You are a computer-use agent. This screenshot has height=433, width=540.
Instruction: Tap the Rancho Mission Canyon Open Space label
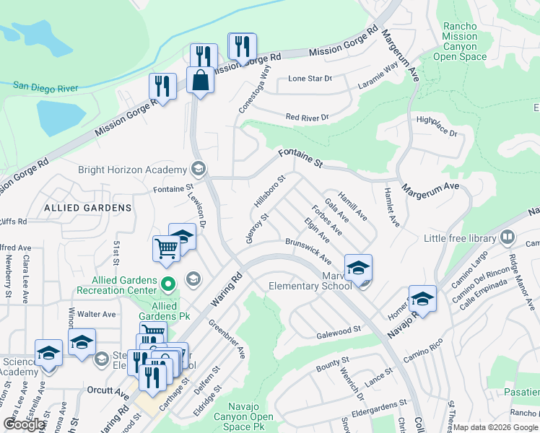tap(460, 42)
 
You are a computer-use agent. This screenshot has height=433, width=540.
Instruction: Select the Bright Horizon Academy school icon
tap(198, 170)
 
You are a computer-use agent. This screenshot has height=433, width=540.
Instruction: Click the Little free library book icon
tap(508, 237)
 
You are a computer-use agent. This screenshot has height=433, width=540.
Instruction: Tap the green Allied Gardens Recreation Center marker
tap(168, 284)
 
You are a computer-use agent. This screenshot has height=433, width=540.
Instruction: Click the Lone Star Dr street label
tap(310, 78)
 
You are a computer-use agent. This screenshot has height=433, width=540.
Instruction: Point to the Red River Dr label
tap(307, 117)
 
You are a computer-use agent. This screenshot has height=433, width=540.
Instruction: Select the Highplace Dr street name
tap(437, 128)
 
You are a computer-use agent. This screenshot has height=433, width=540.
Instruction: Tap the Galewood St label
tap(339, 331)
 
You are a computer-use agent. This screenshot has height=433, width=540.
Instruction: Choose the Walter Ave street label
tap(97, 314)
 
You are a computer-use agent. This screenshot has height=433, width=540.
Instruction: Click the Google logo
tap(25, 424)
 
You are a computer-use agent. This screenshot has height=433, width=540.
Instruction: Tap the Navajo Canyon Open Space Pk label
tap(251, 416)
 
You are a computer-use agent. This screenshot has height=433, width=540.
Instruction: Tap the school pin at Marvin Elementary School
tap(358, 268)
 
